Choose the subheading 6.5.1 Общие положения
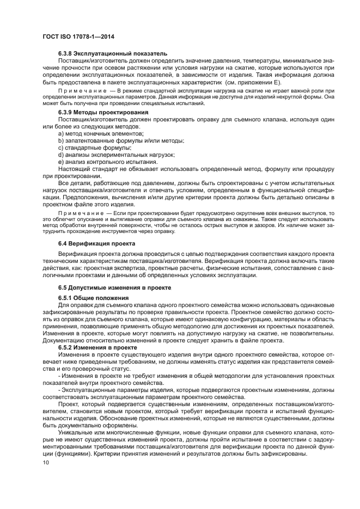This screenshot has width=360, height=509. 93,298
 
